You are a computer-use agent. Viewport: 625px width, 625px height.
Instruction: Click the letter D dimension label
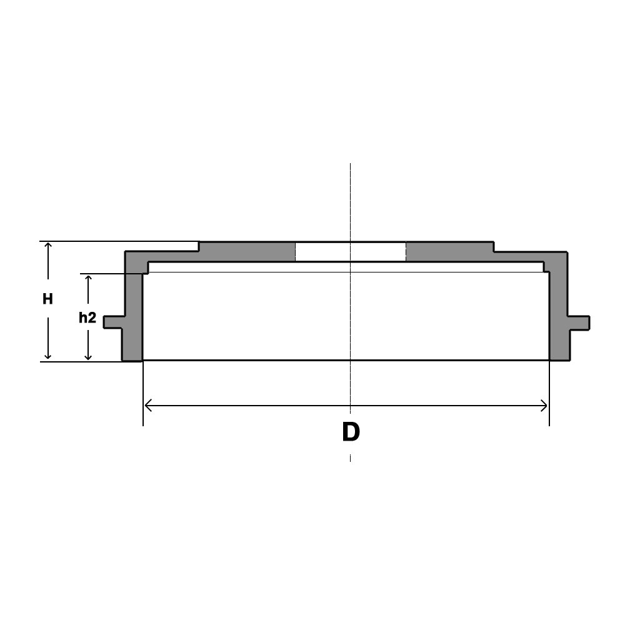point(351,432)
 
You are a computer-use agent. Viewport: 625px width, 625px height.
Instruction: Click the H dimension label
point(48,299)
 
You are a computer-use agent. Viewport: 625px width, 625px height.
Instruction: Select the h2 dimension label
point(87,317)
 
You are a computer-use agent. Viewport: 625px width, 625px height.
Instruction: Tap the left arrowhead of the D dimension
point(147,406)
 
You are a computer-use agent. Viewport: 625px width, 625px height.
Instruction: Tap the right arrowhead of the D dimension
point(545,406)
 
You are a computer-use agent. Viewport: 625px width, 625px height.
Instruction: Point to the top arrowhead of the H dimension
point(48,244)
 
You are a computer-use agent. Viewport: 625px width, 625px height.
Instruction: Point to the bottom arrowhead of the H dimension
point(48,356)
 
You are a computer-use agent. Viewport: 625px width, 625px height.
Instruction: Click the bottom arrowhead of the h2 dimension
point(88,357)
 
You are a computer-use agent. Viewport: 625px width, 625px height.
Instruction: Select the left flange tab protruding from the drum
point(114,322)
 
